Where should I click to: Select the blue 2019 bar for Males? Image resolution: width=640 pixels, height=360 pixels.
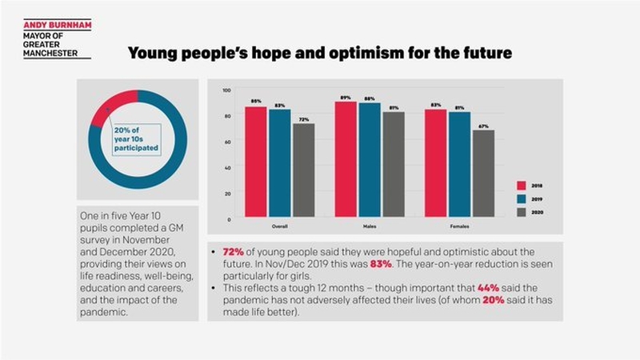coord(370,159)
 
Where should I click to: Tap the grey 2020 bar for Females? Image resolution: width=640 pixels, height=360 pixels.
coord(483,174)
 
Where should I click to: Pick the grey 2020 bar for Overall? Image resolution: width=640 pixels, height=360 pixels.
coord(303,170)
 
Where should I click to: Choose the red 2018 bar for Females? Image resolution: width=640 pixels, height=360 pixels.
coord(436,163)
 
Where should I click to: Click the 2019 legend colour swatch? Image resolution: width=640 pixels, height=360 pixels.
coord(522,198)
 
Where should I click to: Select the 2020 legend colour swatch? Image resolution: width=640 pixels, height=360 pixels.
coord(522,212)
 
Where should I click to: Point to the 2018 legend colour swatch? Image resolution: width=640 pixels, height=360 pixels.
coord(522,185)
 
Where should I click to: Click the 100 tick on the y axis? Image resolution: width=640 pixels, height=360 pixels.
coord(226,90)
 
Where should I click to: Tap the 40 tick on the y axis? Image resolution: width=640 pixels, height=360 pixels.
coord(227,167)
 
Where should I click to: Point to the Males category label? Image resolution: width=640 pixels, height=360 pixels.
coord(370,226)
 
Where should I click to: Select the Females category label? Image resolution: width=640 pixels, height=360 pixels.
coord(459,226)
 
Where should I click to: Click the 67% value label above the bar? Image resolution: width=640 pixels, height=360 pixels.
coord(483,126)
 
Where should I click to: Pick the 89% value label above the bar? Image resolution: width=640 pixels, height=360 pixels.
coord(346,97)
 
